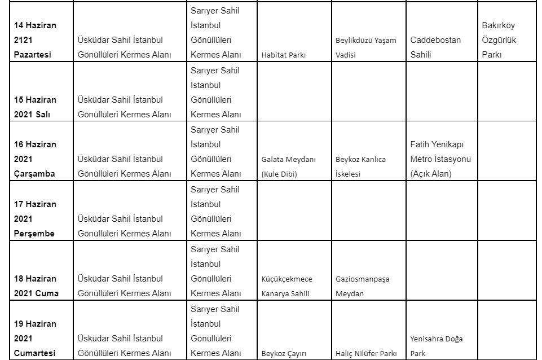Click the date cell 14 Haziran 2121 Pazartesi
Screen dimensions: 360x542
click(x=35, y=40)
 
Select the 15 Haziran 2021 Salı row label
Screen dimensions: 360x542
click(x=35, y=107)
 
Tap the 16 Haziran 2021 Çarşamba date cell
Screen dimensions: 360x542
click(x=35, y=159)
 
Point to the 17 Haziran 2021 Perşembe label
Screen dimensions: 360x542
click(x=35, y=219)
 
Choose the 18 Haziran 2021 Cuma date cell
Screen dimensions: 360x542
click(x=36, y=286)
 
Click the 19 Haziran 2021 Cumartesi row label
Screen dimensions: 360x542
click(x=35, y=339)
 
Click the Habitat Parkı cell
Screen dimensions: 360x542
click(x=283, y=55)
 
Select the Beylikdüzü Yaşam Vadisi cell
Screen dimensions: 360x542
click(x=366, y=47)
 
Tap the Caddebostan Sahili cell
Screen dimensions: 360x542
click(x=435, y=47)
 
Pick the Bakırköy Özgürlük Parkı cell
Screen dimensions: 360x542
click(x=499, y=40)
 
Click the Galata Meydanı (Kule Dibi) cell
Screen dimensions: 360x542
click(x=288, y=166)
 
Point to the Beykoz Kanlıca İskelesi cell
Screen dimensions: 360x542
click(x=360, y=166)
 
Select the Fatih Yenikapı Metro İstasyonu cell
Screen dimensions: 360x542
click(x=440, y=159)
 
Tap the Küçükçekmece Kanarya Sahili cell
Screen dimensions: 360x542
click(x=287, y=286)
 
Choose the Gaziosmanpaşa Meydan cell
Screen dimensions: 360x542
click(x=362, y=286)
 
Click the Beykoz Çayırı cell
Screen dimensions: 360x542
click(x=284, y=354)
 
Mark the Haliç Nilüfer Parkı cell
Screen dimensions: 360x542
click(x=366, y=354)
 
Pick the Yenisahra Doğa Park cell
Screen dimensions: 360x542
click(x=437, y=346)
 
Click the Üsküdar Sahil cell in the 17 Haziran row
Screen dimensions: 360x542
click(x=124, y=226)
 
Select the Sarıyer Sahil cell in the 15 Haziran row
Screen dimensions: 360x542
click(x=215, y=93)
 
